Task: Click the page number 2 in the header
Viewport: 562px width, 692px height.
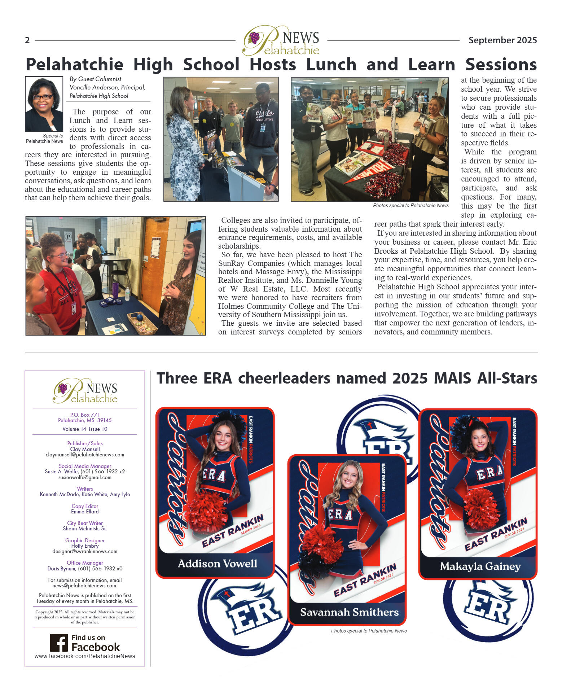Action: coord(27,40)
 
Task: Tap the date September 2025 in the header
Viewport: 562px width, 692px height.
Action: coord(502,40)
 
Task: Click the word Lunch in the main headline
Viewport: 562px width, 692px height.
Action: coord(331,65)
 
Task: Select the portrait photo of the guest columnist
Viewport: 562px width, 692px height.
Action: coord(44,104)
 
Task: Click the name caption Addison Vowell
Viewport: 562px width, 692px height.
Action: coord(217,564)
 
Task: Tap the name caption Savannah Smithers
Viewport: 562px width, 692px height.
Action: coord(349,612)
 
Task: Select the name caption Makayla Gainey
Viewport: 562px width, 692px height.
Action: coord(480,566)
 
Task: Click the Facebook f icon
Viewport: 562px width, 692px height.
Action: coord(59,643)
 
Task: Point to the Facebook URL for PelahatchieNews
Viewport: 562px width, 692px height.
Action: coord(85,656)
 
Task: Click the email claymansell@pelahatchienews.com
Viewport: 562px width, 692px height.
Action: coord(85,455)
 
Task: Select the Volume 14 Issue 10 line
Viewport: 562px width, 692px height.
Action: coord(85,429)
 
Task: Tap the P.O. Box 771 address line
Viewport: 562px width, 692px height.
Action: coord(85,415)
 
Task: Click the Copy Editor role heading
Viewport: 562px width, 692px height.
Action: coord(85,506)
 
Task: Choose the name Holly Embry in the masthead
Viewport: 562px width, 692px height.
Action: coord(85,546)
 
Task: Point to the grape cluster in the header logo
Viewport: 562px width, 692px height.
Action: coord(254,37)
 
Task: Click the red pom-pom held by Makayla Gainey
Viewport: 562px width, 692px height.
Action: coord(481,509)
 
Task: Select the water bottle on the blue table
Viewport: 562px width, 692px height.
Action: coord(127,294)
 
